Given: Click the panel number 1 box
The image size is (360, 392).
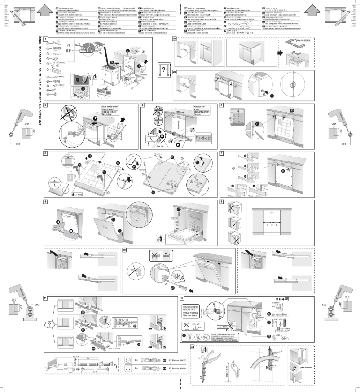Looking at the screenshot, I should (x=45, y=39).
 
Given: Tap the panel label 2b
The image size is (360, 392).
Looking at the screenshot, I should (x=175, y=71).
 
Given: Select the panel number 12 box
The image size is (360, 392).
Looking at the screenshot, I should (x=181, y=298).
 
